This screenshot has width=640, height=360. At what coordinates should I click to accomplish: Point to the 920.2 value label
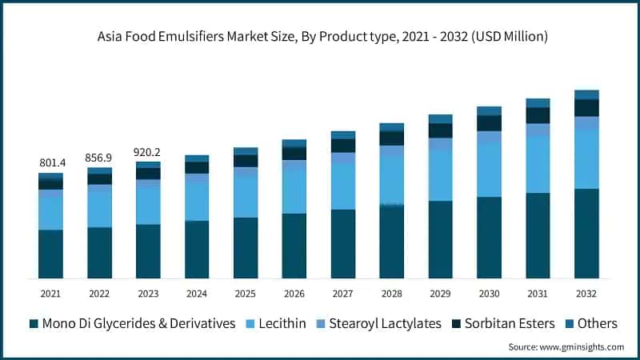148,151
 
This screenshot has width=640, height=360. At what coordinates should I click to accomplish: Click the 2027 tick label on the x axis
343,294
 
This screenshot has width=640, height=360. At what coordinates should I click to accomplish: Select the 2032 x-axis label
586,294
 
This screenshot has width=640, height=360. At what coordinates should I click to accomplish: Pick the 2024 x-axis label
197,294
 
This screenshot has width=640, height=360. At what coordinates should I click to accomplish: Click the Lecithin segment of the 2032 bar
586,159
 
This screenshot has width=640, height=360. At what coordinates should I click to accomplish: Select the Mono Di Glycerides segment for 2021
50,254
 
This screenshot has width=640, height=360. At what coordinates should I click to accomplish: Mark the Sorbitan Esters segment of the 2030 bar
489,122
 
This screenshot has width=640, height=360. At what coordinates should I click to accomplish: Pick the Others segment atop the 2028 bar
392,127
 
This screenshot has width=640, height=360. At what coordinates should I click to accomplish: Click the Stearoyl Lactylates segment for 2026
294,165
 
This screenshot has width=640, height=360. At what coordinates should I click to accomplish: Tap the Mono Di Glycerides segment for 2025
246,247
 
